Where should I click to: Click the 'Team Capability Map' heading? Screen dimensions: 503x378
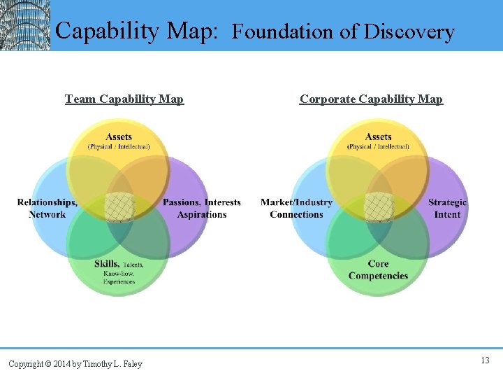pos(124,99)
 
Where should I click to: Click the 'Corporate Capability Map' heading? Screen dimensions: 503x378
pos(371,99)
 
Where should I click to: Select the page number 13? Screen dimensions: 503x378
pos(485,360)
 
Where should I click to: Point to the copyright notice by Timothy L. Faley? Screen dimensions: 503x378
pos(75,363)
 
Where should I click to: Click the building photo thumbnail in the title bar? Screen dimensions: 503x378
pos(25,25)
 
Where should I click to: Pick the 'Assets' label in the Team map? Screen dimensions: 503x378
pos(119,136)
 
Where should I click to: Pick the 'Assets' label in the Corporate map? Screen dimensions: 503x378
pos(378,136)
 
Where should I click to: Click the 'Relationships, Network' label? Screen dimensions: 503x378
pos(48,209)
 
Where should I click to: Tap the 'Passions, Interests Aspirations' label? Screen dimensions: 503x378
pos(201,209)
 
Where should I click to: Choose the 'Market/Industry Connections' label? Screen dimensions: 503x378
pos(296,209)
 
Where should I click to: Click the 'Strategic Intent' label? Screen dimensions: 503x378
pos(447,209)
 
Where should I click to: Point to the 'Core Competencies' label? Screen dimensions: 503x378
pos(378,269)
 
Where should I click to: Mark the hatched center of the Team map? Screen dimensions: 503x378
pos(119,207)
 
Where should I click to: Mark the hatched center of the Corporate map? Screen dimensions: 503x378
pos(379,207)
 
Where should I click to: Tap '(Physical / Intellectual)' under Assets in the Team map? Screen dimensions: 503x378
pos(119,147)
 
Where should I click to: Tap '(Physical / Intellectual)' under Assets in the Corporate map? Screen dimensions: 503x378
pos(378,147)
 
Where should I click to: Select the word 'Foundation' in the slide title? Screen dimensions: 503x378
pos(282,32)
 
